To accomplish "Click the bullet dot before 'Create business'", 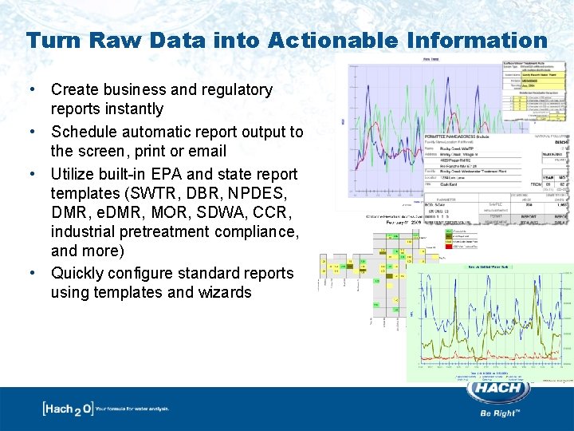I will point(32,90).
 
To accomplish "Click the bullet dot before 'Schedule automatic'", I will point(32,132).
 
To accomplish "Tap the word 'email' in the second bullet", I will point(206,151).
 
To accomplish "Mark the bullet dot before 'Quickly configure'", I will point(32,273).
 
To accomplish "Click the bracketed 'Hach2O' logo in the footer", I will point(67,409).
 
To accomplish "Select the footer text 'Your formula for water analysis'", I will point(132,409).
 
